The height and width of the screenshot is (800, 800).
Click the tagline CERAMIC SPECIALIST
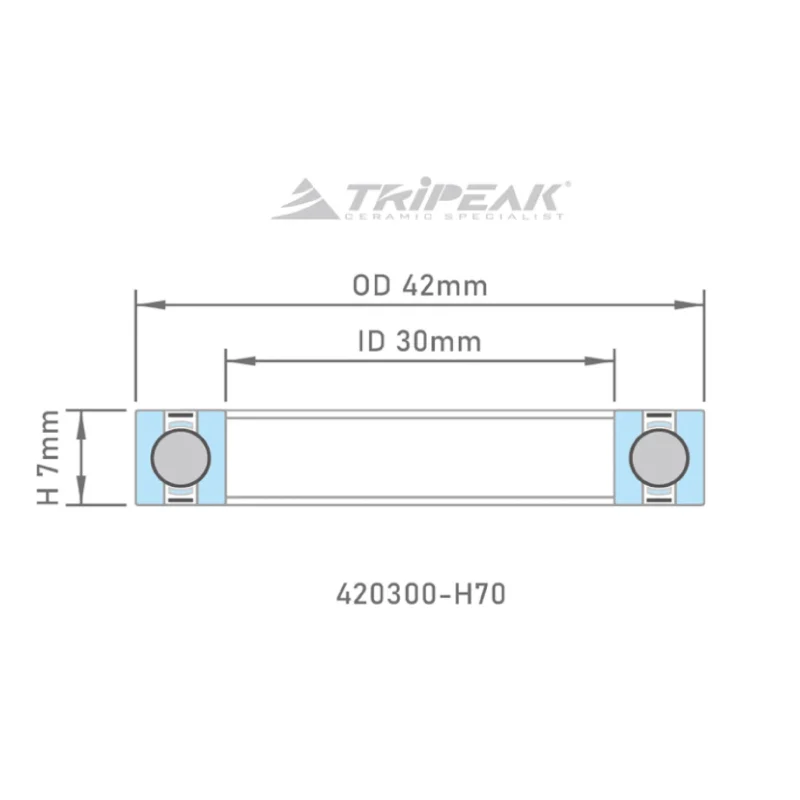pyautogui.click(x=454, y=215)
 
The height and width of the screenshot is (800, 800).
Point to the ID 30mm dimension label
pyautogui.click(x=419, y=342)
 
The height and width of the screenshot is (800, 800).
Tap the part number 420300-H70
pyautogui.click(x=419, y=594)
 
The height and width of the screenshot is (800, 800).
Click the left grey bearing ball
pyautogui.click(x=181, y=458)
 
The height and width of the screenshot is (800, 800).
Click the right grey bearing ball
pyautogui.click(x=659, y=458)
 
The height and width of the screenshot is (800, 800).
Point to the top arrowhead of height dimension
pyautogui.click(x=85, y=417)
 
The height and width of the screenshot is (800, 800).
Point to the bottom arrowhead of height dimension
pyautogui.click(x=85, y=498)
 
